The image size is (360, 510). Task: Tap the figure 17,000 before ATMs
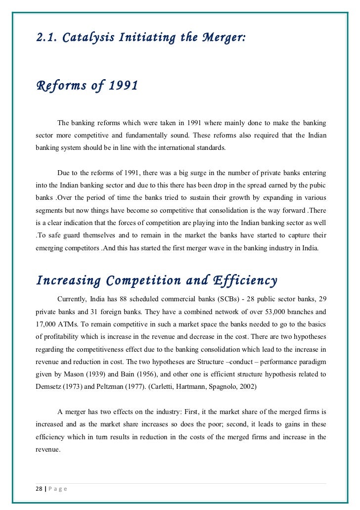tap(47, 325)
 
